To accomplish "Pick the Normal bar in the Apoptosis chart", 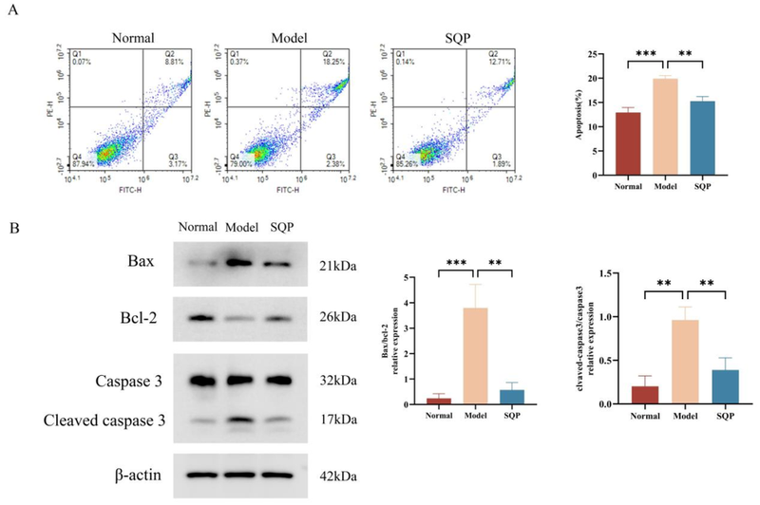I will pyautogui.click(x=627, y=144).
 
